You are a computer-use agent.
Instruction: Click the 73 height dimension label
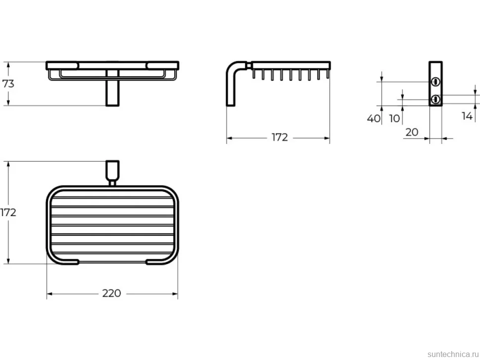(8, 84)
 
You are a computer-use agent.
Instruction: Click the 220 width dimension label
(111, 293)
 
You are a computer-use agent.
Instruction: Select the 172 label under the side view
(280, 137)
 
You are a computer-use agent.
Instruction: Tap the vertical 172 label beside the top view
(8, 212)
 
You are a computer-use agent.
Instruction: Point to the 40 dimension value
(374, 118)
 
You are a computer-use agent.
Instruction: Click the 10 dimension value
(394, 118)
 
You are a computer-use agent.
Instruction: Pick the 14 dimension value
(467, 116)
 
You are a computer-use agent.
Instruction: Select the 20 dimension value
(412, 132)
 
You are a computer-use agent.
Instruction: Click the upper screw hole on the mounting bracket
(435, 82)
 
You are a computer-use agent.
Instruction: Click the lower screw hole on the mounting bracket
(435, 99)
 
